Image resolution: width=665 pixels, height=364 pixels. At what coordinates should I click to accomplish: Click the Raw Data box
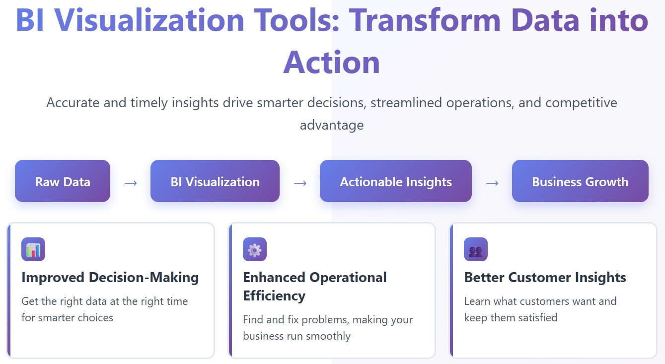click(63, 181)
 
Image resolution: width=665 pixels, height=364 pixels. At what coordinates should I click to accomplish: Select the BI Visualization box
click(215, 181)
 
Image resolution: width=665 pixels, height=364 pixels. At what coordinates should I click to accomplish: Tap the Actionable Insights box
click(396, 181)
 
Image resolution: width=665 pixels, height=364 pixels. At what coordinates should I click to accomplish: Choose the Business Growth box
click(580, 181)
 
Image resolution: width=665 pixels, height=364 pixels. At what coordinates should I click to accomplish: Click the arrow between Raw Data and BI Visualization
click(131, 183)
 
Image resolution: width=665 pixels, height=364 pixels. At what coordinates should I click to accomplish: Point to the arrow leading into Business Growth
click(492, 183)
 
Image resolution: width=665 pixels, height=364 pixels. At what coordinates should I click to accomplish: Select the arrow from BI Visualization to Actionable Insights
click(300, 183)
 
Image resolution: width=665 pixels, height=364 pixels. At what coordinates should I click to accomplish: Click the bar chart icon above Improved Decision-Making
click(33, 249)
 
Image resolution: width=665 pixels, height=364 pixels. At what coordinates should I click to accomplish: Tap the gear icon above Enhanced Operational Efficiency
click(255, 249)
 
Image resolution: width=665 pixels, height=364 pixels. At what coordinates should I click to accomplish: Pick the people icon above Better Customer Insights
click(476, 249)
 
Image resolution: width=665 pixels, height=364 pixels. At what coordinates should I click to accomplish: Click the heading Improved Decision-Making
click(110, 278)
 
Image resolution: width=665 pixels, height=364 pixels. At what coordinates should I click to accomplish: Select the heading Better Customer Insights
click(545, 278)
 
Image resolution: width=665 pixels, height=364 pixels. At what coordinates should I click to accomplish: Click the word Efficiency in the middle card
click(274, 296)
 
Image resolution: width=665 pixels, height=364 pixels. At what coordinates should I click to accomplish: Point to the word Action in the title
click(332, 62)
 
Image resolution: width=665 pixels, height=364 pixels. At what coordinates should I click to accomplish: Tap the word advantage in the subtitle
click(332, 125)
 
